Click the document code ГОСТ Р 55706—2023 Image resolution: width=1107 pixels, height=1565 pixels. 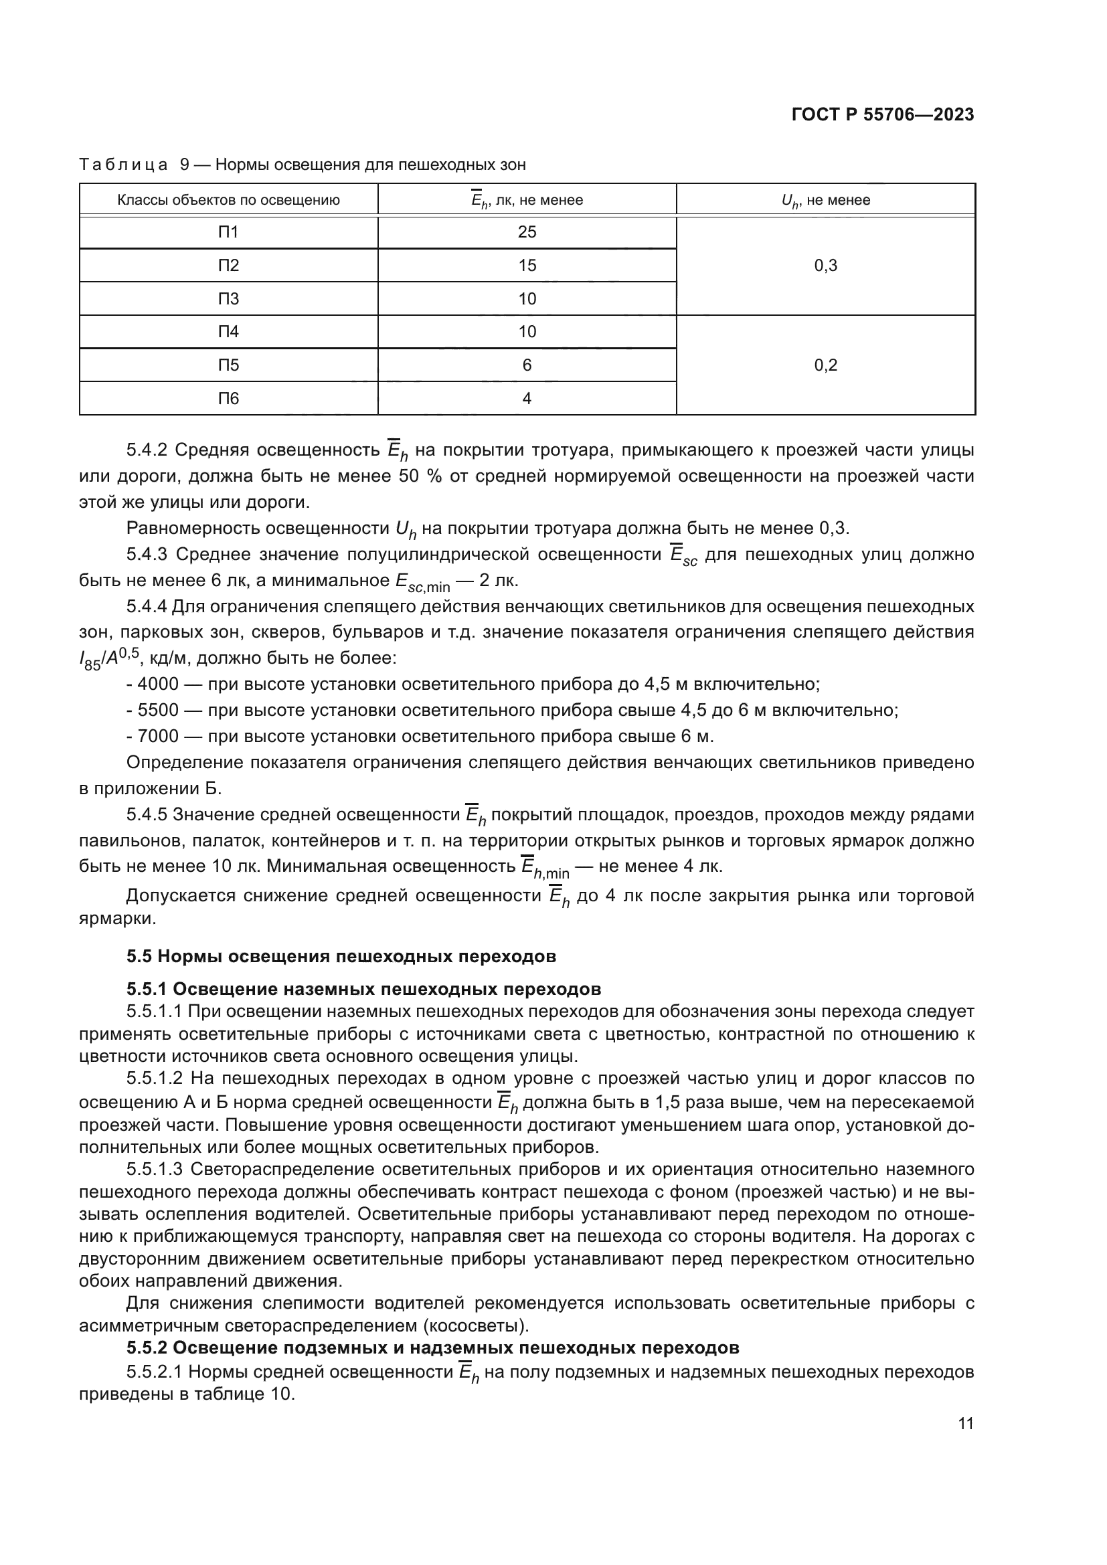pos(883,114)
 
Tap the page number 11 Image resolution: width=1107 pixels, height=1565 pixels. pos(965,1424)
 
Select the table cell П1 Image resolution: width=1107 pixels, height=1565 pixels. pos(228,232)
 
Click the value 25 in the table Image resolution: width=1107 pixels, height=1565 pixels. pos(527,232)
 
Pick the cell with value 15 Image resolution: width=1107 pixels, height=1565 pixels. pos(527,265)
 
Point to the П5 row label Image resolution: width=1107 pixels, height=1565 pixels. pos(228,365)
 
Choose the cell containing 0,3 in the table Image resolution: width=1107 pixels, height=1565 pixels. pos(825,266)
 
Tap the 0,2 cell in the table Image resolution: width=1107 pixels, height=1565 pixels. pos(825,365)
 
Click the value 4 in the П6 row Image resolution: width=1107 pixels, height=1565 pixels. pos(527,399)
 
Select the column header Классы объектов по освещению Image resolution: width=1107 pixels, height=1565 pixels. pos(228,201)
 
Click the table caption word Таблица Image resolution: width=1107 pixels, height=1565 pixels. pos(123,165)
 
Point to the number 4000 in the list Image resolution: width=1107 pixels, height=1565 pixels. pos(157,684)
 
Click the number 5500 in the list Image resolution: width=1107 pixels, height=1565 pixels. pos(157,711)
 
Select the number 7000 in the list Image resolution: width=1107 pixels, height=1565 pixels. pos(157,736)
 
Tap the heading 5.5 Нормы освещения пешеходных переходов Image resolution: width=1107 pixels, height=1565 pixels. pos(341,956)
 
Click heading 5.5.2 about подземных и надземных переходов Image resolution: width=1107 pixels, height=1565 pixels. pos(432,1348)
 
